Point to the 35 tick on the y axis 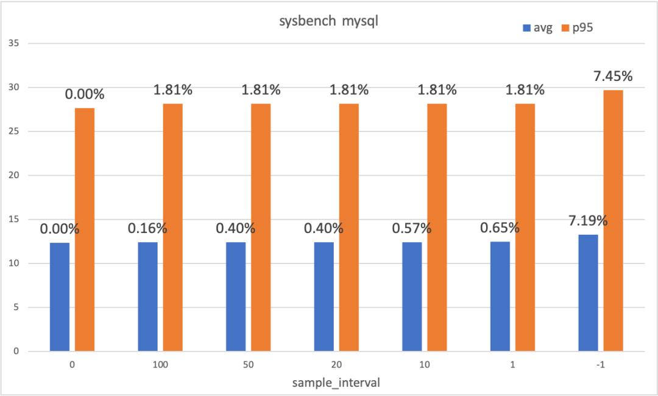[15, 44]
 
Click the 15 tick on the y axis [15, 220]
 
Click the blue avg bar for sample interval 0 [60, 297]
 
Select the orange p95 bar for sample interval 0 [85, 229]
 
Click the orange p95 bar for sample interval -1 [614, 221]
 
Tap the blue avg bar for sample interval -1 [588, 293]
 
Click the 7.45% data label [612, 77]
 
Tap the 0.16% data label [147, 229]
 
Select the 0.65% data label [500, 228]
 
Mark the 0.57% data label [412, 229]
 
